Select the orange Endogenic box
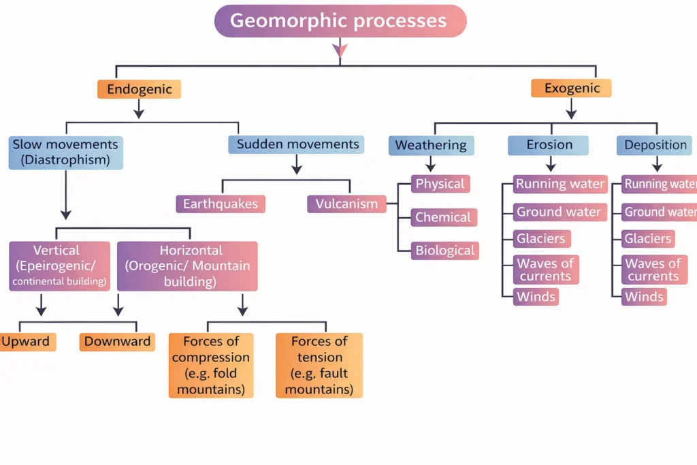click(x=139, y=89)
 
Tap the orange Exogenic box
click(x=571, y=88)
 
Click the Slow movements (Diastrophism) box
click(x=65, y=153)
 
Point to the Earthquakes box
click(x=221, y=204)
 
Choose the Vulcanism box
click(x=346, y=204)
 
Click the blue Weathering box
click(x=431, y=145)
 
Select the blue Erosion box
click(x=550, y=145)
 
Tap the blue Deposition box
click(x=655, y=145)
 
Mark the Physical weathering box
click(x=440, y=184)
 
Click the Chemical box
click(x=443, y=217)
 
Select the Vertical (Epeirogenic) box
click(x=59, y=266)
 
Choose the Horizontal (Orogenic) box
click(x=187, y=266)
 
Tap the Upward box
click(x=27, y=342)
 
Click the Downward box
click(x=117, y=342)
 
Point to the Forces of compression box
click(x=211, y=366)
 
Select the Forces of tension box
click(x=319, y=366)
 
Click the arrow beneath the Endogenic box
click(x=139, y=108)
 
